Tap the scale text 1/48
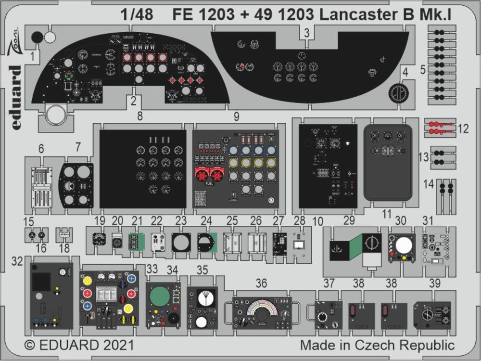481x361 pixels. [137, 15]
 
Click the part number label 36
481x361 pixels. [261, 284]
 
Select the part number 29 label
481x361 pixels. [349, 220]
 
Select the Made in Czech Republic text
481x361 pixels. [377, 345]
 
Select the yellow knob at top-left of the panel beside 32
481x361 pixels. [88, 280]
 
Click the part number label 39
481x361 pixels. [434, 284]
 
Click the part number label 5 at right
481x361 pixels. [423, 70]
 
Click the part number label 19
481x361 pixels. [100, 221]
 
